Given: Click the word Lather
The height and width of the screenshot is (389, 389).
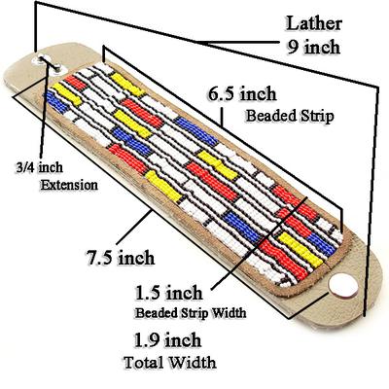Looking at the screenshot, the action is point(314,23).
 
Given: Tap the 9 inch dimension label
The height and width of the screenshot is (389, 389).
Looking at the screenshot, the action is point(314,47).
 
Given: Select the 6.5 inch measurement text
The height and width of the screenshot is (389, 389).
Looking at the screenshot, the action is point(242,94).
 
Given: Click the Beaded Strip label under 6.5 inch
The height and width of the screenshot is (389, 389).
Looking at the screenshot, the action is point(290,116).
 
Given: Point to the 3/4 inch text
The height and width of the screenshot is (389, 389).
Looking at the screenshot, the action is point(39,167).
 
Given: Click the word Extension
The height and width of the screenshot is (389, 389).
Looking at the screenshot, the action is point(69,185).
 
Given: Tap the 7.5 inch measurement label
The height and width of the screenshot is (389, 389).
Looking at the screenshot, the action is point(121,258).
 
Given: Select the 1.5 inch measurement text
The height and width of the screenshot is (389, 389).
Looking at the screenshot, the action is point(169,293).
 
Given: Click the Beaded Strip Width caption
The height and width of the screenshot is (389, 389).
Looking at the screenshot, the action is point(191,313).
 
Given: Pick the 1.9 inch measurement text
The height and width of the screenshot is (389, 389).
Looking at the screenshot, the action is point(168,340).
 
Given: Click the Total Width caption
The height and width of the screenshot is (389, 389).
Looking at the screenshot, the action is point(170,362).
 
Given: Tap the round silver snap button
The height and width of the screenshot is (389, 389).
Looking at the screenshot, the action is point(343,285).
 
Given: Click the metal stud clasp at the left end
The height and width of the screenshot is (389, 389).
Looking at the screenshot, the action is point(50,63).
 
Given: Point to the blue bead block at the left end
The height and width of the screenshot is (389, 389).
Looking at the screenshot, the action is point(56,102).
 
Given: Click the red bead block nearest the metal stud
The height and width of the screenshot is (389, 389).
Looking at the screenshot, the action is point(75,83).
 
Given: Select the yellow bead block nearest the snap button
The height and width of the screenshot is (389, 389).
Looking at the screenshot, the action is point(301,250).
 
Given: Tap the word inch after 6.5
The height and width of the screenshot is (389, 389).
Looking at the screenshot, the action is point(259,94).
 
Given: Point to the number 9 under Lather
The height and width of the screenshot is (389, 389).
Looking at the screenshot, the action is point(293,48).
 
